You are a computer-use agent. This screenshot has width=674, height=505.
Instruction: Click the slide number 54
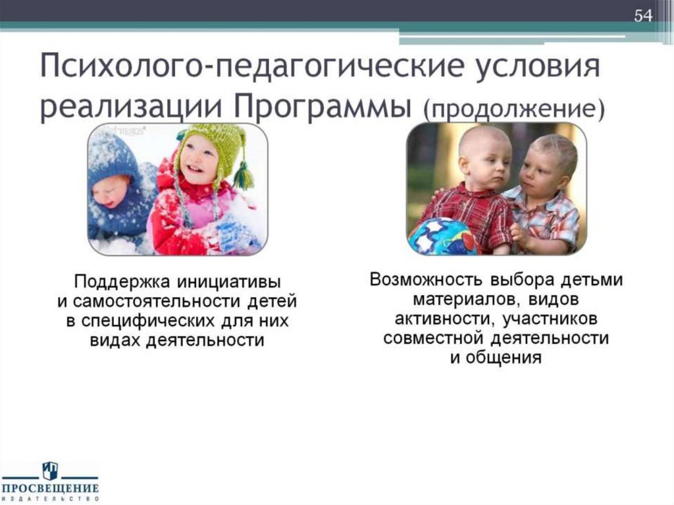click(x=642, y=15)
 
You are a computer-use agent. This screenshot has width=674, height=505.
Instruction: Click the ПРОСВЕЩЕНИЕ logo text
click(x=50, y=489)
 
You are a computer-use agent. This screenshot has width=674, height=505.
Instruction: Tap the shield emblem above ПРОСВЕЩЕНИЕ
click(x=50, y=470)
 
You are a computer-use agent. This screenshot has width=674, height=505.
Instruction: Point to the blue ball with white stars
click(x=441, y=237)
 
